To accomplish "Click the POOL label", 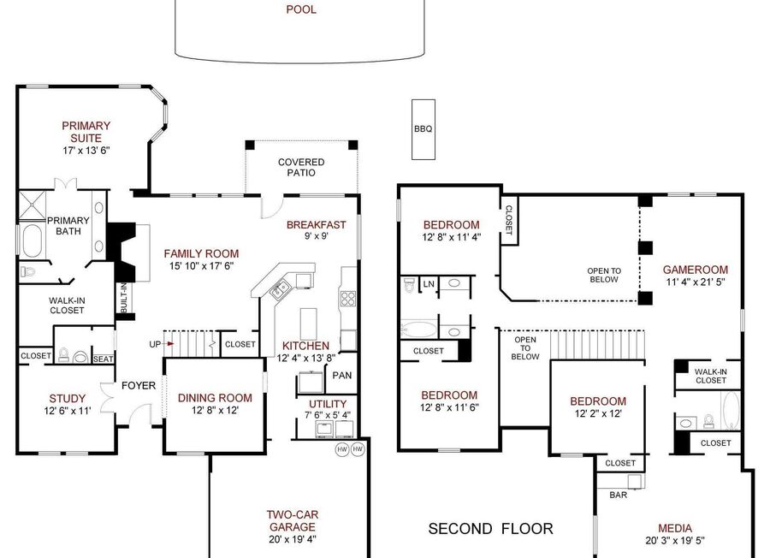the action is tap(301, 9).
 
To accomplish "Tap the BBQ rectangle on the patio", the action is tap(423, 130).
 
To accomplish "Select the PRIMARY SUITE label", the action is tap(86, 132).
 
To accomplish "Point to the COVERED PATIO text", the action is tap(301, 168).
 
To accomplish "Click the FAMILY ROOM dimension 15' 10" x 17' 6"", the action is tap(201, 266).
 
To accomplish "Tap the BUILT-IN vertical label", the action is tap(124, 298).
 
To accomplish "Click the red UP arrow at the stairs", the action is tap(169, 344).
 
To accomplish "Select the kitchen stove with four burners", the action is tap(348, 298).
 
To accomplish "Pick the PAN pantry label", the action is tap(341, 375).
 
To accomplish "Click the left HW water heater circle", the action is tap(342, 449).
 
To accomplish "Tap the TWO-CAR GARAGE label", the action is tap(293, 520).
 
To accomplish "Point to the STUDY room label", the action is tap(68, 398).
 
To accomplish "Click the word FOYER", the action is tap(139, 386).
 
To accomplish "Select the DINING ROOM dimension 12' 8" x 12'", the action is tap(215, 410).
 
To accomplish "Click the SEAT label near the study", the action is tap(104, 359).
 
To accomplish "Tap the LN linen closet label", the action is tap(429, 284).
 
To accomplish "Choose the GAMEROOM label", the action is tap(696, 270).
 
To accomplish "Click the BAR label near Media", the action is tap(619, 495).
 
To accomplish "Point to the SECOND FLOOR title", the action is tap(490, 529).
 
